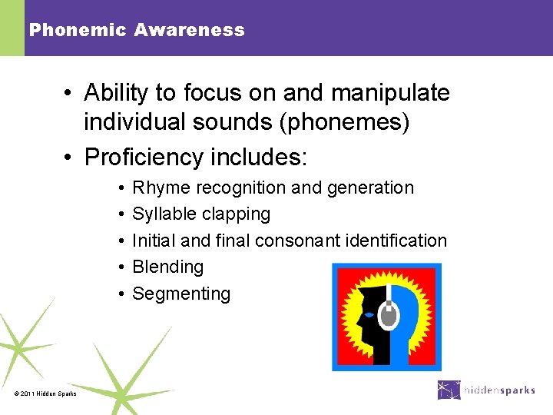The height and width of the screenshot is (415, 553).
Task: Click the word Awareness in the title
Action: pos(189,31)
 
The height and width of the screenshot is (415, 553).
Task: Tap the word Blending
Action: pos(168,267)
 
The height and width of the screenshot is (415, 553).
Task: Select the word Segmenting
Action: pos(181,294)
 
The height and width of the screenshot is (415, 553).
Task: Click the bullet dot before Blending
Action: pos(122,267)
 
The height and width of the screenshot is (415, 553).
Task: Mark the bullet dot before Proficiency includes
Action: pos(68,158)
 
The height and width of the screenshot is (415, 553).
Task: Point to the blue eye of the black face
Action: pos(369,314)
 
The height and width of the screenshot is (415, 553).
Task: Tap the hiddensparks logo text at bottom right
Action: pos(500,390)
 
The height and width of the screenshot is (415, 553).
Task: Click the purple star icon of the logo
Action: pos(449,390)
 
